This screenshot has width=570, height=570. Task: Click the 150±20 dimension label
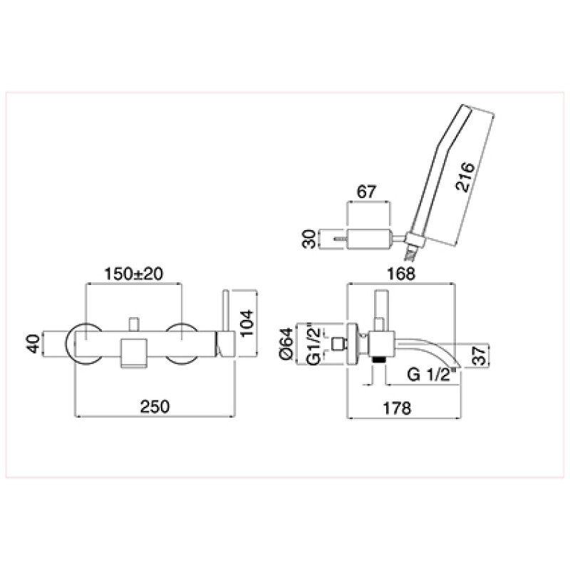pyautogui.click(x=133, y=274)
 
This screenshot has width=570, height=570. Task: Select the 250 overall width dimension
pyautogui.click(x=155, y=406)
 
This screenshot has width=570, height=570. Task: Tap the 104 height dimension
pyautogui.click(x=247, y=323)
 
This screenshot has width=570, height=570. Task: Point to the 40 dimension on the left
pyautogui.click(x=33, y=344)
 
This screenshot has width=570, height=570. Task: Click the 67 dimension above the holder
pyautogui.click(x=366, y=192)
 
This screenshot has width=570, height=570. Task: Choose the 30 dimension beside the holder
pyautogui.click(x=309, y=239)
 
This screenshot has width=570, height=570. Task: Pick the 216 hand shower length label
pyautogui.click(x=465, y=177)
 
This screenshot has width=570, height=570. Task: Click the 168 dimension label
pyautogui.click(x=401, y=274)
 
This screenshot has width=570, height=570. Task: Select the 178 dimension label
pyautogui.click(x=397, y=408)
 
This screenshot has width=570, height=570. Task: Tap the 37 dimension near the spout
pyautogui.click(x=480, y=355)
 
